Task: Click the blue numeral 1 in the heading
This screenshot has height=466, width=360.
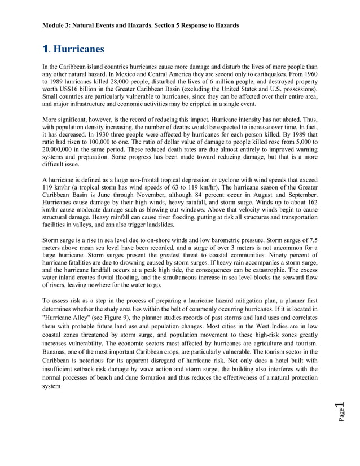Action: point(46,49)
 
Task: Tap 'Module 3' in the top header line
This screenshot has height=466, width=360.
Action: point(58,25)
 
